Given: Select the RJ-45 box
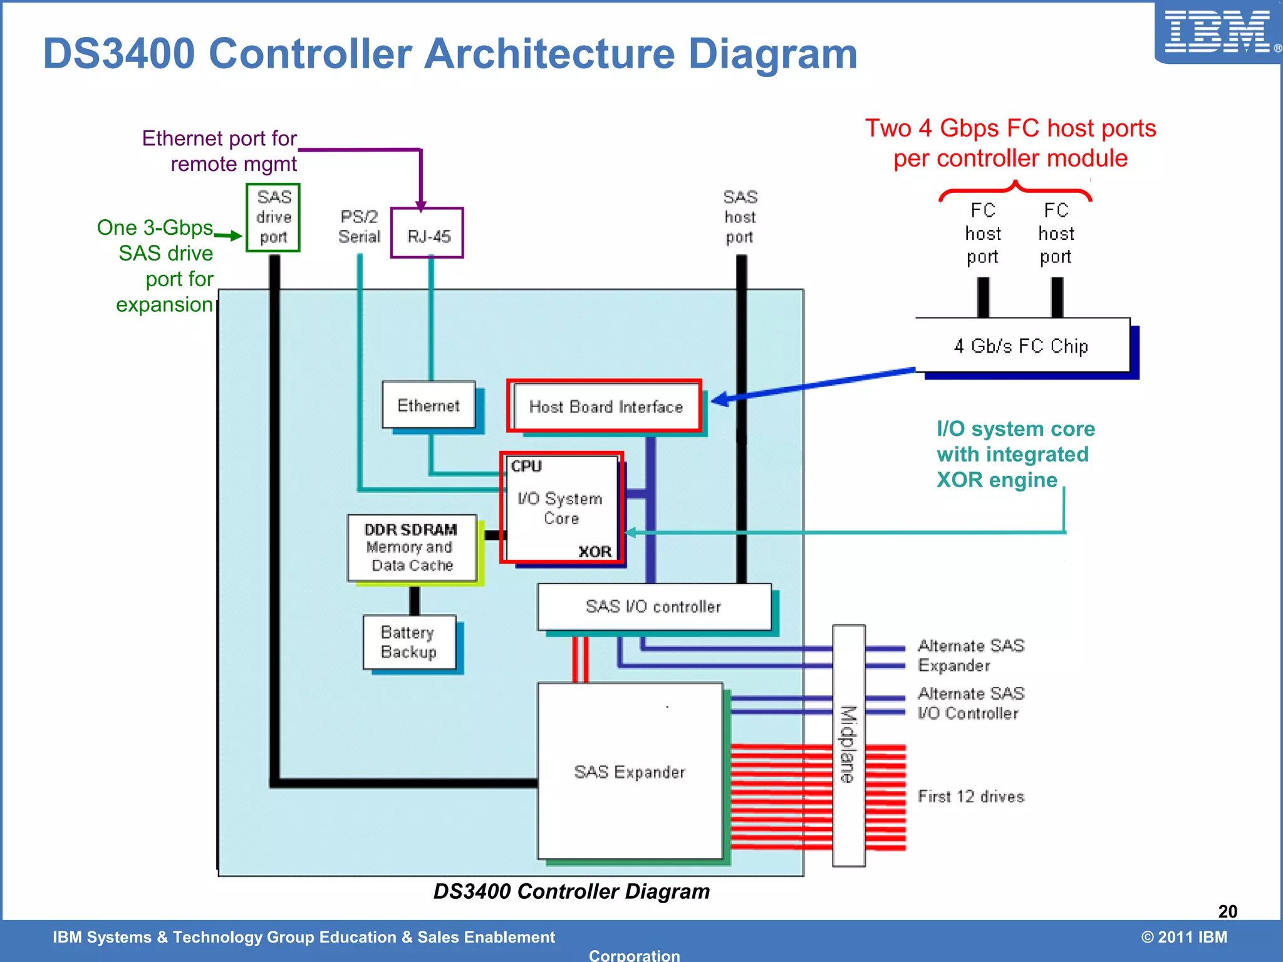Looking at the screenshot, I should [427, 234].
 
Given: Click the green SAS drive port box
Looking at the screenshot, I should [273, 217].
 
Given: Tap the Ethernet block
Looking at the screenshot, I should [429, 405].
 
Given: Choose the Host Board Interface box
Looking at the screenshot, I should [605, 406].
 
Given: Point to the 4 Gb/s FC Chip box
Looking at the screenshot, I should [1022, 346].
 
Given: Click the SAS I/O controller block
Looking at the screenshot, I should [653, 606].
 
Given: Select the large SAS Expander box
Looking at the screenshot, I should [630, 772].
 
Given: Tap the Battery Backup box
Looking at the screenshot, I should [409, 642].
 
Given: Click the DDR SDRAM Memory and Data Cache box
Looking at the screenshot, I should [412, 547].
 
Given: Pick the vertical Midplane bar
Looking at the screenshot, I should [848, 745].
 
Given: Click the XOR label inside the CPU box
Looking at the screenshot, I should [595, 552].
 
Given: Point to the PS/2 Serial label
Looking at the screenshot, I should [360, 227].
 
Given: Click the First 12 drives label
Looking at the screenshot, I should [970, 797].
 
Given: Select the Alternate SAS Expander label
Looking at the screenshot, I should [970, 655].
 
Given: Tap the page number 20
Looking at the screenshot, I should [1227, 911].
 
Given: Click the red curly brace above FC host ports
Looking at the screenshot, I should [1015, 189].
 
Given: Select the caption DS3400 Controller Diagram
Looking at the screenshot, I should [571, 891].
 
